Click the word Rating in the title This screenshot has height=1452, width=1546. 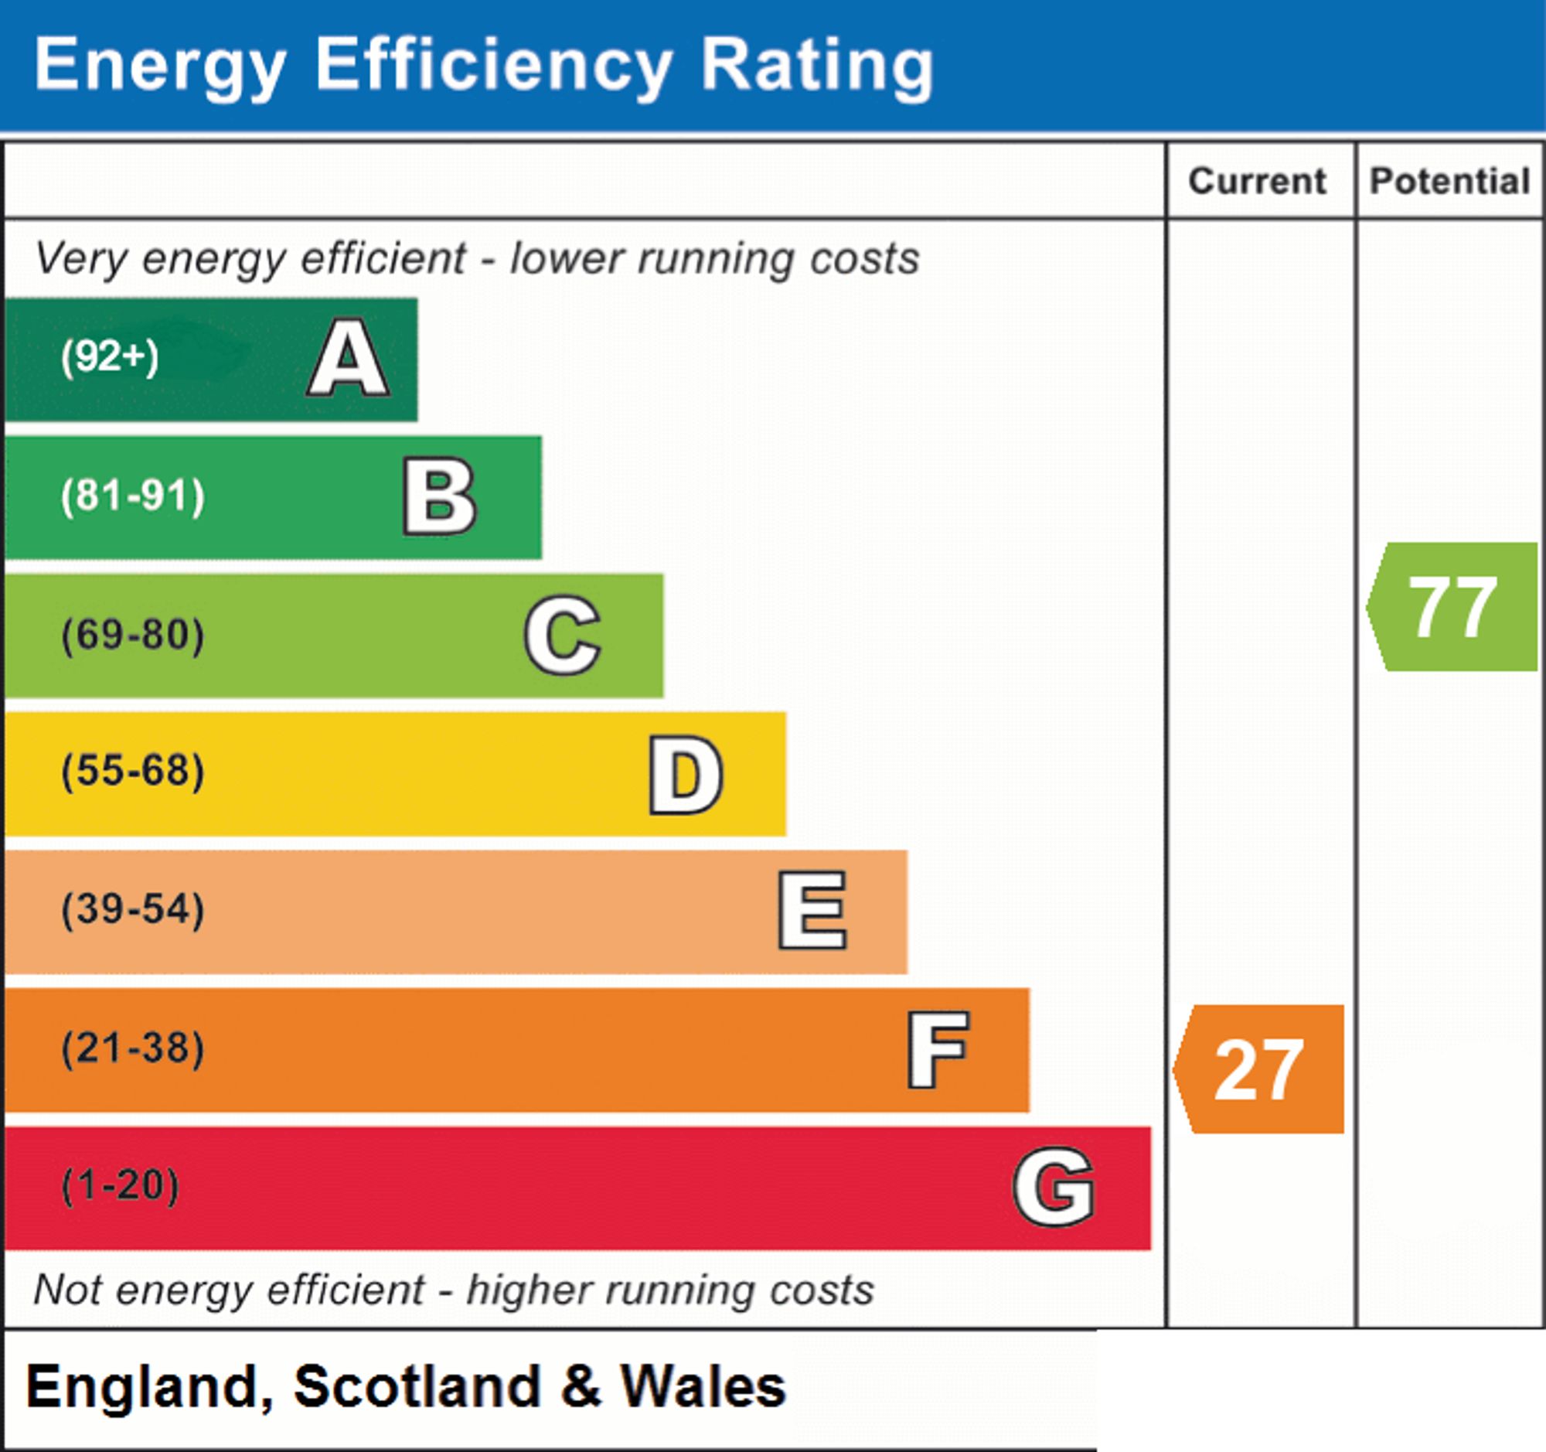point(816,69)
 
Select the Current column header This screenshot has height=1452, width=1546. point(1257,181)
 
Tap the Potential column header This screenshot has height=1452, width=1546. point(1449,181)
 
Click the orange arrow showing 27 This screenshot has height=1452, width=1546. point(1258,1069)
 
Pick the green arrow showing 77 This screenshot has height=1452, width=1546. point(1452,607)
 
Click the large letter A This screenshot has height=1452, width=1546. point(349,358)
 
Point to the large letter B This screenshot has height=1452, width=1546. point(439,496)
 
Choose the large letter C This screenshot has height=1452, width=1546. point(562,635)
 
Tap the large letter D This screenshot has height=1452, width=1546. point(686,775)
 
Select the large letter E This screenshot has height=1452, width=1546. point(812,910)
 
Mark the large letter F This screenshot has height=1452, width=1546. point(938,1049)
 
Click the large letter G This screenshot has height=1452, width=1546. point(1054,1187)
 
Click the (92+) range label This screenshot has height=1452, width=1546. point(110,357)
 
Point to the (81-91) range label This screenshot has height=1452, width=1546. point(133,496)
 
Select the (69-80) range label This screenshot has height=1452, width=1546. point(133,635)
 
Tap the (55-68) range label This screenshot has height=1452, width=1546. point(133,772)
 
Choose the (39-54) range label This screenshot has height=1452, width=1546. point(133,910)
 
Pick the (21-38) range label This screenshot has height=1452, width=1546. point(133,1048)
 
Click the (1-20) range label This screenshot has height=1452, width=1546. point(120,1186)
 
